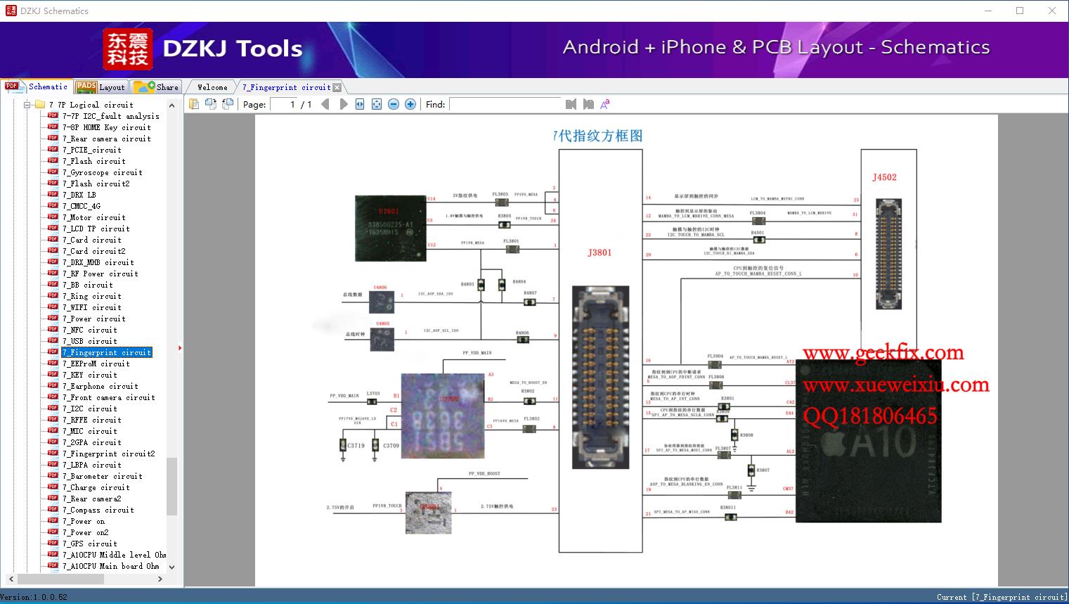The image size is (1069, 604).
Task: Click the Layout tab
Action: point(101,87)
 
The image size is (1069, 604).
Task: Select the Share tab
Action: point(157,87)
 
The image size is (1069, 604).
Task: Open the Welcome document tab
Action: point(212,87)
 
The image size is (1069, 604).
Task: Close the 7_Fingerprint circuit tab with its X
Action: point(337,88)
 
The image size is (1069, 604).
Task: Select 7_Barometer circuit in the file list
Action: point(102,476)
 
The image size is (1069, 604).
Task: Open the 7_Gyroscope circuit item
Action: point(102,172)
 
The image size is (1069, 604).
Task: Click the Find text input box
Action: point(505,104)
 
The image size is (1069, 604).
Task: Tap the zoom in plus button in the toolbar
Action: point(410,104)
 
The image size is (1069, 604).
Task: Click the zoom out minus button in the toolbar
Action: point(394,104)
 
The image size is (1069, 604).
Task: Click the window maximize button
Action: point(1020,11)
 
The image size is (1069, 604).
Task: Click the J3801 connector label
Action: point(600,252)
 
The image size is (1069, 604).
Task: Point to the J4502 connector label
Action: point(884,177)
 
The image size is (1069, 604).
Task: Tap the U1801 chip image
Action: point(391,228)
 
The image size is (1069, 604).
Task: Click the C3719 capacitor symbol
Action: point(343,446)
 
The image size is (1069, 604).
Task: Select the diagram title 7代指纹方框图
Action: point(598,136)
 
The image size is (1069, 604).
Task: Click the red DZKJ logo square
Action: point(127,49)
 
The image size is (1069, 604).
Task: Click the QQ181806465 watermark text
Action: point(870,416)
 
